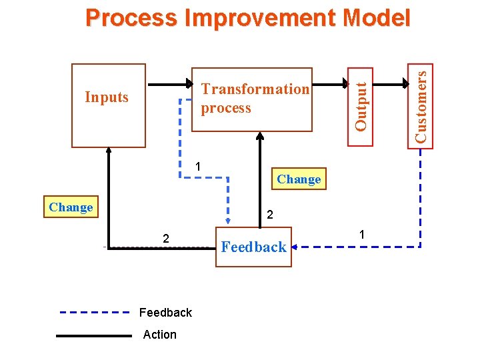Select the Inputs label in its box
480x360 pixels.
tap(107, 97)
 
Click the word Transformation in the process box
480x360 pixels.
tap(255, 89)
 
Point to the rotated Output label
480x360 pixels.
tap(361, 105)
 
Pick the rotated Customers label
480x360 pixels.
tap(421, 105)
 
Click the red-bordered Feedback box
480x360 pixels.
tap(253, 247)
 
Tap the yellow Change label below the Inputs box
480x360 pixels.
tap(71, 207)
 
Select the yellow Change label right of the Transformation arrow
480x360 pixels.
tap(299, 179)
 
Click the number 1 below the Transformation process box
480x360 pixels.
tap(199, 167)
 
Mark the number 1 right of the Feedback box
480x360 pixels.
tap(361, 235)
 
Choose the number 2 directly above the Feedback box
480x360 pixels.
tap(269, 215)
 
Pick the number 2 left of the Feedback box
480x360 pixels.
tap(166, 239)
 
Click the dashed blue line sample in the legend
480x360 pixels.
tap(94, 312)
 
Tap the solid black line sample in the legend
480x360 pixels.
tap(94, 336)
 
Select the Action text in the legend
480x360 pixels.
tap(160, 335)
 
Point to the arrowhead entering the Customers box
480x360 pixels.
tap(408, 85)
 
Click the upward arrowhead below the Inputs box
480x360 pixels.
tap(109, 152)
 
